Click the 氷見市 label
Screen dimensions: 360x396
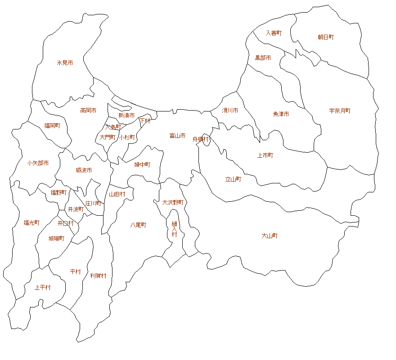click(65, 63)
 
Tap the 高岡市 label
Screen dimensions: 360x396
click(88, 110)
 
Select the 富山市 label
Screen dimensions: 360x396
click(177, 135)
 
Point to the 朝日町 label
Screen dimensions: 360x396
click(326, 37)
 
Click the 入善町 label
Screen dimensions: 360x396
click(274, 33)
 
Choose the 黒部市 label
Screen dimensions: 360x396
click(263, 58)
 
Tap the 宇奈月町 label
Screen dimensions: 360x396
click(340, 111)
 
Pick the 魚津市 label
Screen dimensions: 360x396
click(281, 114)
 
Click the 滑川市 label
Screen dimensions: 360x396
click(230, 110)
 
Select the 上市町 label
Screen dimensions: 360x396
click(265, 156)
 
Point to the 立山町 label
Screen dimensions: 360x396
click(233, 179)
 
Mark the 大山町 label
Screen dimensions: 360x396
click(270, 236)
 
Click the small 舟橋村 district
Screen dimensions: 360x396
click(206, 139)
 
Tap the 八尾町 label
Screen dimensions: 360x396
click(138, 225)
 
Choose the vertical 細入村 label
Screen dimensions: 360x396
click(174, 229)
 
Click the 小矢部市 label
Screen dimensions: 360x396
click(38, 163)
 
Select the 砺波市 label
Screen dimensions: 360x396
click(84, 170)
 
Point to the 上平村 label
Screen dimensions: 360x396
click(43, 288)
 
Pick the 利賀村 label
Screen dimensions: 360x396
click(98, 276)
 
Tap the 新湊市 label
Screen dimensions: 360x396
click(126, 116)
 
